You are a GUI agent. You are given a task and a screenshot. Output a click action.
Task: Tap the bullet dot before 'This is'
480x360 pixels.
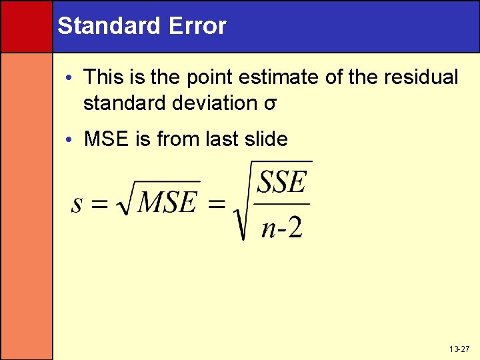(x=72, y=78)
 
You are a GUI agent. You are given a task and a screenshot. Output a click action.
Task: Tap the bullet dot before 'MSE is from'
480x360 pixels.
(x=72, y=139)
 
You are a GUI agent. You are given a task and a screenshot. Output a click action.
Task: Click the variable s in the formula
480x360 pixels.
(x=77, y=203)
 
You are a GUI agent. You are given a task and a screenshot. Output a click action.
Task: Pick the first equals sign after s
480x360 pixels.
(x=99, y=204)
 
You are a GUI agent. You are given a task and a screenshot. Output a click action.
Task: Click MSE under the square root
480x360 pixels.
(x=167, y=202)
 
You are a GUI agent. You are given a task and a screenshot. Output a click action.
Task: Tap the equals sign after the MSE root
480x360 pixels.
(x=217, y=204)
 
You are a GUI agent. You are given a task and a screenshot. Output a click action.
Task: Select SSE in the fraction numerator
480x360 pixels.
(x=281, y=182)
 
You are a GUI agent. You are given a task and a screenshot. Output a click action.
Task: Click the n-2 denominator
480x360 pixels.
(x=281, y=227)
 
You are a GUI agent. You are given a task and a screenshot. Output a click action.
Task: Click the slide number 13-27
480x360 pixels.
(x=459, y=349)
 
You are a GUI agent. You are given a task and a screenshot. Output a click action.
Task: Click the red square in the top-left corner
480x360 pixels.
(x=26, y=26)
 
